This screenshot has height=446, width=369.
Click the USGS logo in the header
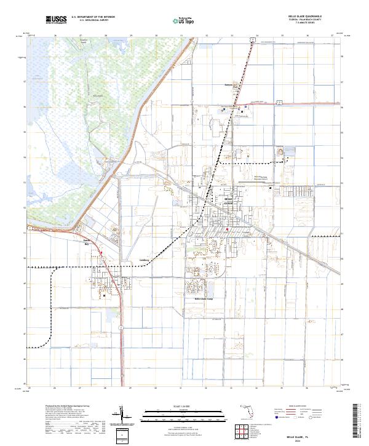coord(56,20)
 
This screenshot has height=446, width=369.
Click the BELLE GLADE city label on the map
coord(228,200)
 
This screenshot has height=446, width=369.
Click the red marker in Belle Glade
coord(228,229)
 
